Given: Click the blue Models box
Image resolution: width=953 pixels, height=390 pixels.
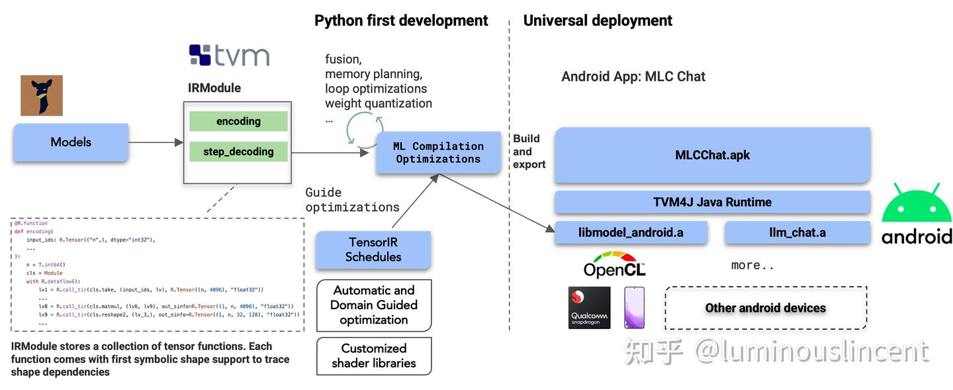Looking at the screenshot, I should [70, 142].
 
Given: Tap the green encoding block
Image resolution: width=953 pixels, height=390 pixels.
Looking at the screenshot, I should [238, 121].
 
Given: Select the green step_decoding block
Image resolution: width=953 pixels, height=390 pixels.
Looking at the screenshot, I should [238, 152].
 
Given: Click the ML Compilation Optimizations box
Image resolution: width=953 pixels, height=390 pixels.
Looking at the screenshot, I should [438, 153].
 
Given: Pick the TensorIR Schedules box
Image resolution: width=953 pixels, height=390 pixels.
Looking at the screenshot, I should [373, 250].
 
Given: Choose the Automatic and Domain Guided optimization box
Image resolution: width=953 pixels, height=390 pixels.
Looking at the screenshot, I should [374, 305].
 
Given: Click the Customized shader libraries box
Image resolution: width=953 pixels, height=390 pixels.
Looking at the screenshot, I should [374, 356].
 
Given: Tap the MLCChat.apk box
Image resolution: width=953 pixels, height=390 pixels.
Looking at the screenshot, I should [712, 156].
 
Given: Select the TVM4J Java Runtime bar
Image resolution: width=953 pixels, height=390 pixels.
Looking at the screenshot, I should [712, 202].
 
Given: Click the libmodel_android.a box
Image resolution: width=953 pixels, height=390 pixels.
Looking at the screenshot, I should [631, 232].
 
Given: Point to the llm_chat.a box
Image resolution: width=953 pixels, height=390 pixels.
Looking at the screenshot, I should [797, 232].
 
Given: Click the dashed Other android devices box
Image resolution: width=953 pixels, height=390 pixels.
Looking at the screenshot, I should [766, 308].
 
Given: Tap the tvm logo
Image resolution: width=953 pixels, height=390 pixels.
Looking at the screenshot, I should [229, 55].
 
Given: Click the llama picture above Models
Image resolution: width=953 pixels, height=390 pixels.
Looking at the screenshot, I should [41, 95].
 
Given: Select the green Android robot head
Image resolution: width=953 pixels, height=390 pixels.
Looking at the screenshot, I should [917, 204].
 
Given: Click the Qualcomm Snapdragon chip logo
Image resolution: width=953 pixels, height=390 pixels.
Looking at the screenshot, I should [589, 307].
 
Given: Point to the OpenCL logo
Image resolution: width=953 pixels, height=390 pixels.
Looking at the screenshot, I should [614, 265].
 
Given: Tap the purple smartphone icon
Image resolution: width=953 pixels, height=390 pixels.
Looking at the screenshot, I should [634, 307].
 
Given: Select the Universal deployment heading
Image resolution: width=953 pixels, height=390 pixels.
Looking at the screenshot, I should [598, 21].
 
